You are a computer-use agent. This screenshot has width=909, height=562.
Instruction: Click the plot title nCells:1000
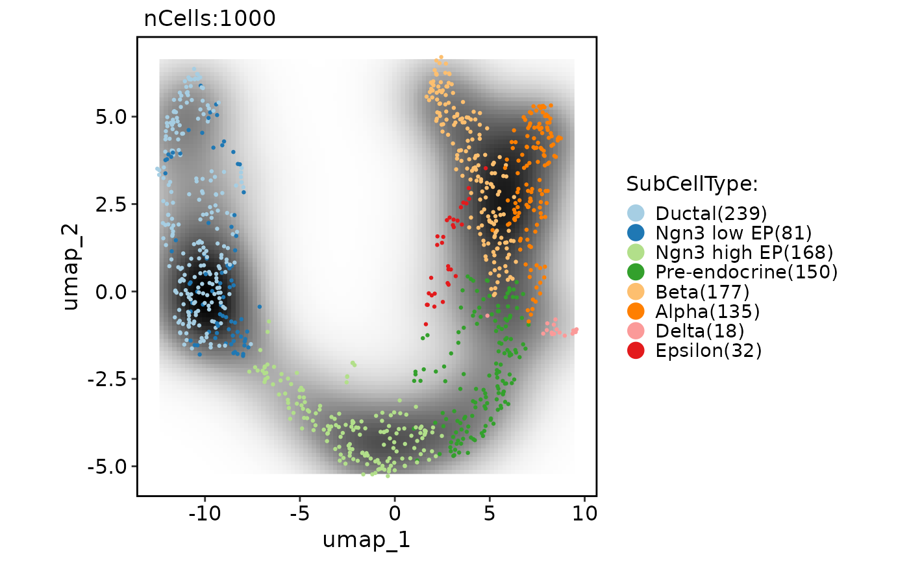(210, 19)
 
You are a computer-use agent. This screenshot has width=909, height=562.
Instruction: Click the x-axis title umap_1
(366, 539)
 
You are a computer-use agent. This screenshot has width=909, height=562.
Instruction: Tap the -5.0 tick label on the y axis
(110, 466)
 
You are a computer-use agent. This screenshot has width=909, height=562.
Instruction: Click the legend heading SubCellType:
(692, 184)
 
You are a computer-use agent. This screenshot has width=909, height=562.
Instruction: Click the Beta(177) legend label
(703, 292)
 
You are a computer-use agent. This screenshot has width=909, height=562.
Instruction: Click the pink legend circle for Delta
(636, 331)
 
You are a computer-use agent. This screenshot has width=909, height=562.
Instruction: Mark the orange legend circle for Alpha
(636, 312)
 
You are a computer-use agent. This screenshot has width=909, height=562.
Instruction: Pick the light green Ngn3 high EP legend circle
(636, 252)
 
